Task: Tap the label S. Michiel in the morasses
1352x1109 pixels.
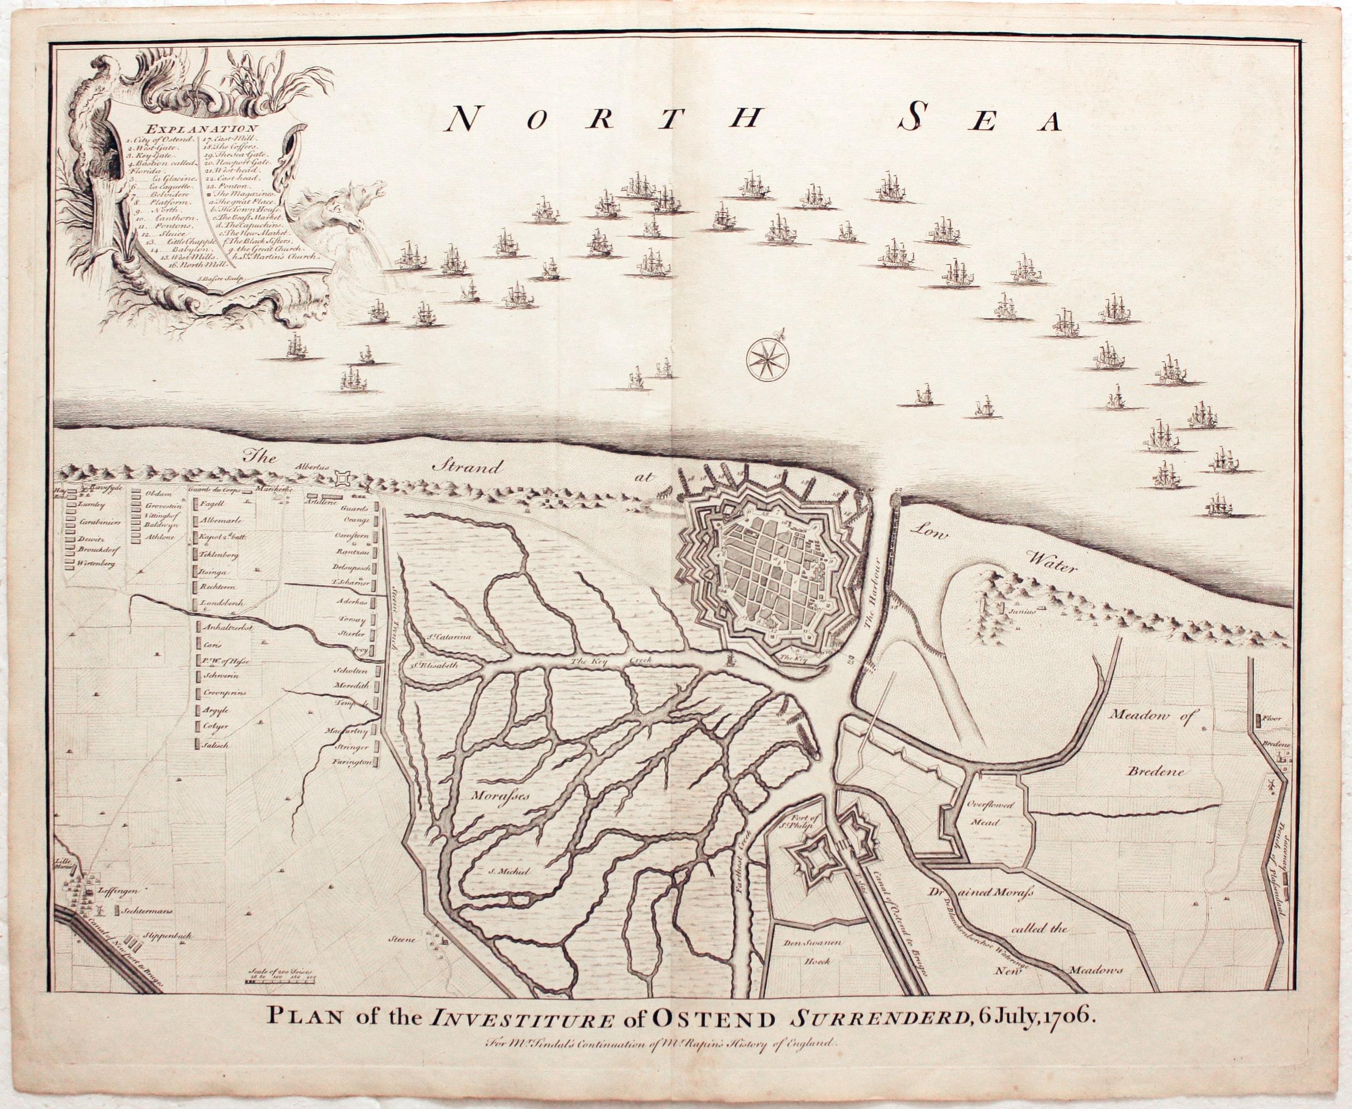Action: (x=502, y=870)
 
